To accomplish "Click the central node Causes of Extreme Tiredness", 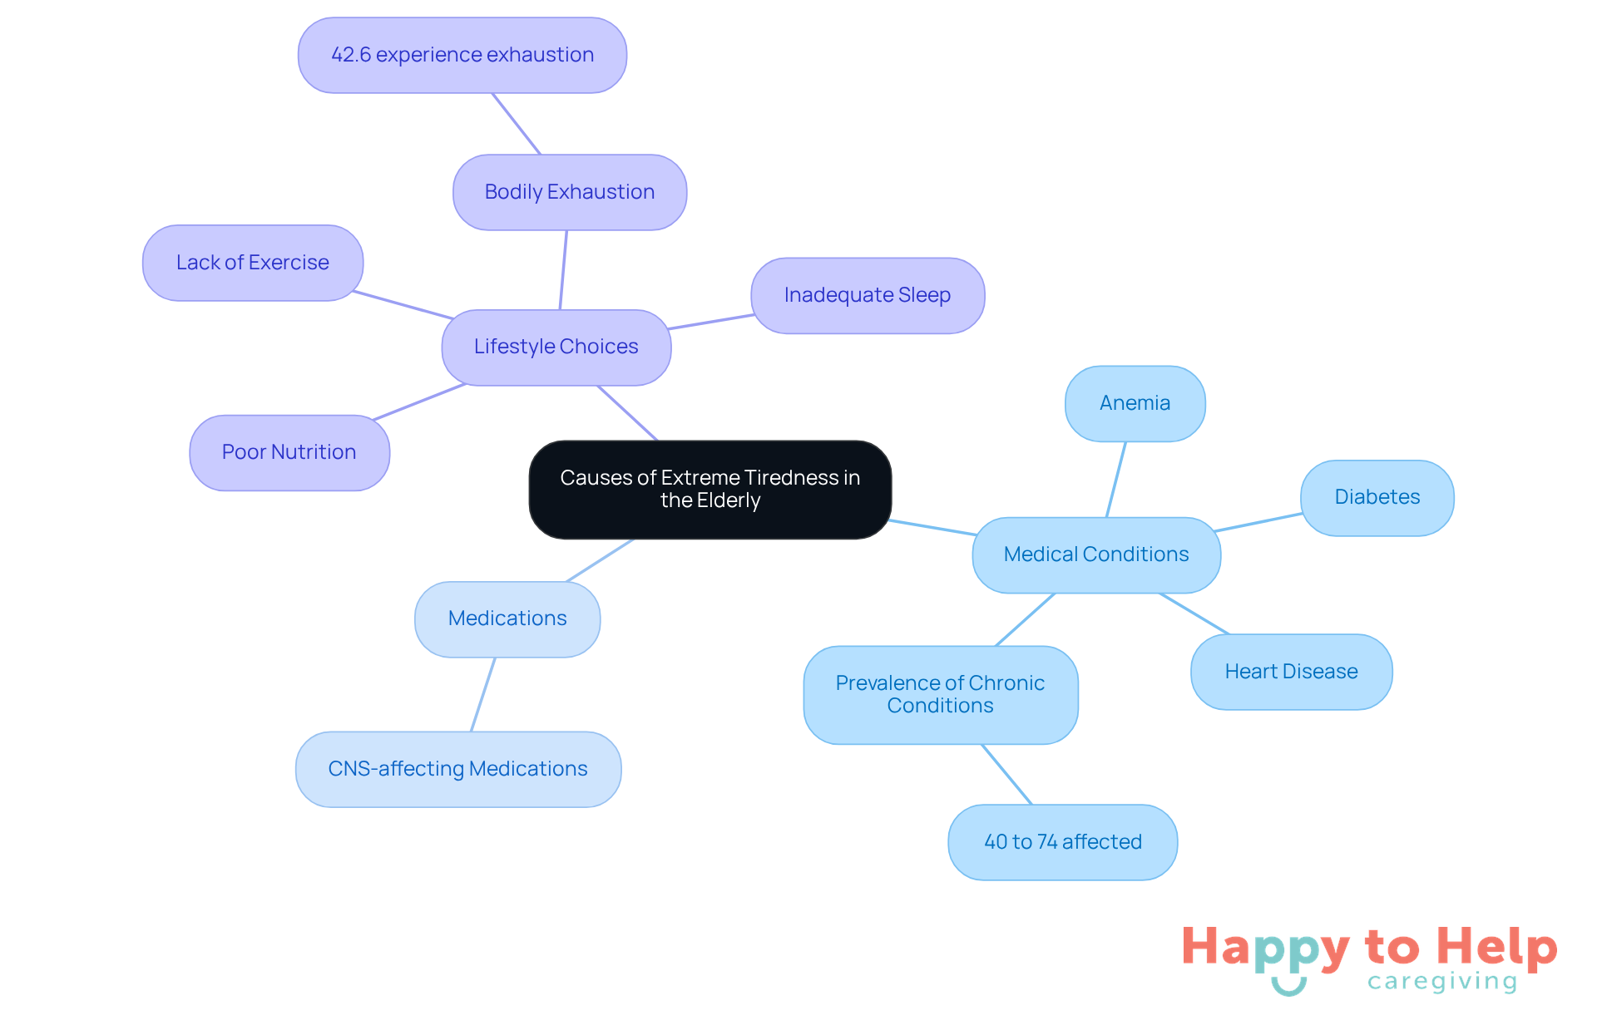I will click(x=710, y=489).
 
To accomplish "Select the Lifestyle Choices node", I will click(x=556, y=347).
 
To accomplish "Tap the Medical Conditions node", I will click(x=1095, y=554).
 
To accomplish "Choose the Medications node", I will click(x=507, y=618).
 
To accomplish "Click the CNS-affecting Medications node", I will click(x=457, y=769).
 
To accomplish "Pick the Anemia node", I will click(x=1135, y=403).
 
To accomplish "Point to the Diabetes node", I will click(x=1377, y=497).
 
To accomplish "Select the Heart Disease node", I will click(x=1291, y=672).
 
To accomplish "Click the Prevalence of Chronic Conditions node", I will click(x=940, y=694).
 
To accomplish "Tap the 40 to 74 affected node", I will click(x=1062, y=842).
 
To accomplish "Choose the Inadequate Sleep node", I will click(x=867, y=295).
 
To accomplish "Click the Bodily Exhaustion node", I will click(x=569, y=192).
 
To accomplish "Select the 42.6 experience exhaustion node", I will click(x=462, y=55).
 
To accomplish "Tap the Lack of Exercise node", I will click(x=252, y=263).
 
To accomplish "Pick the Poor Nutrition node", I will click(x=289, y=452).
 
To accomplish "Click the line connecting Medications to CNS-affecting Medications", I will click(x=482, y=695).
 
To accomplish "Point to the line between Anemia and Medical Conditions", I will click(x=1115, y=480).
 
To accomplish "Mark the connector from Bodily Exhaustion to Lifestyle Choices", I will click(x=563, y=269).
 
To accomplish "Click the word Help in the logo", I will click(x=1496, y=948).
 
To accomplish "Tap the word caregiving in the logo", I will click(x=1442, y=982).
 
